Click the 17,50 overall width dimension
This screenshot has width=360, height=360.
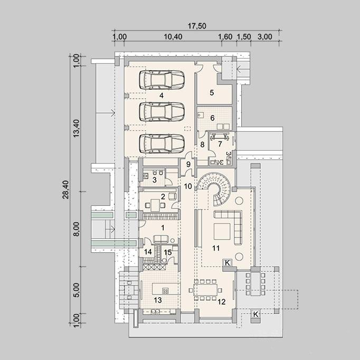click(197, 26)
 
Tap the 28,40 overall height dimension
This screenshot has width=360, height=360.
click(65, 190)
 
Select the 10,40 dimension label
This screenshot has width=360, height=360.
click(173, 37)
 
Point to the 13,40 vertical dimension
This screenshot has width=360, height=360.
click(76, 129)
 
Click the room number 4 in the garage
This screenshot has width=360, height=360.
click(162, 96)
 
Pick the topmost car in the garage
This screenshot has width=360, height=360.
click(162, 80)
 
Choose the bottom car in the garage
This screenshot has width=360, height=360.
click(162, 144)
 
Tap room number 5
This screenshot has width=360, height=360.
click(212, 92)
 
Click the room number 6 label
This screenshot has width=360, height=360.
click(212, 118)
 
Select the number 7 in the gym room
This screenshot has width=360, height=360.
click(220, 144)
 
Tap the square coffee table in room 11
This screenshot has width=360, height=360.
click(222, 231)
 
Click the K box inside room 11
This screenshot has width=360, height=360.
click(228, 263)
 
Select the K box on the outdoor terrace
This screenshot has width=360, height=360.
click(255, 314)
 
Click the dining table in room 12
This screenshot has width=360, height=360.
click(205, 290)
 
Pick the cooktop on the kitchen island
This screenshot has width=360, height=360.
click(166, 291)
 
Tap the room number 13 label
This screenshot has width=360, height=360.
click(158, 300)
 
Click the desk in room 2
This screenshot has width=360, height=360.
click(155, 205)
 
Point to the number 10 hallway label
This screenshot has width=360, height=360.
click(188, 186)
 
